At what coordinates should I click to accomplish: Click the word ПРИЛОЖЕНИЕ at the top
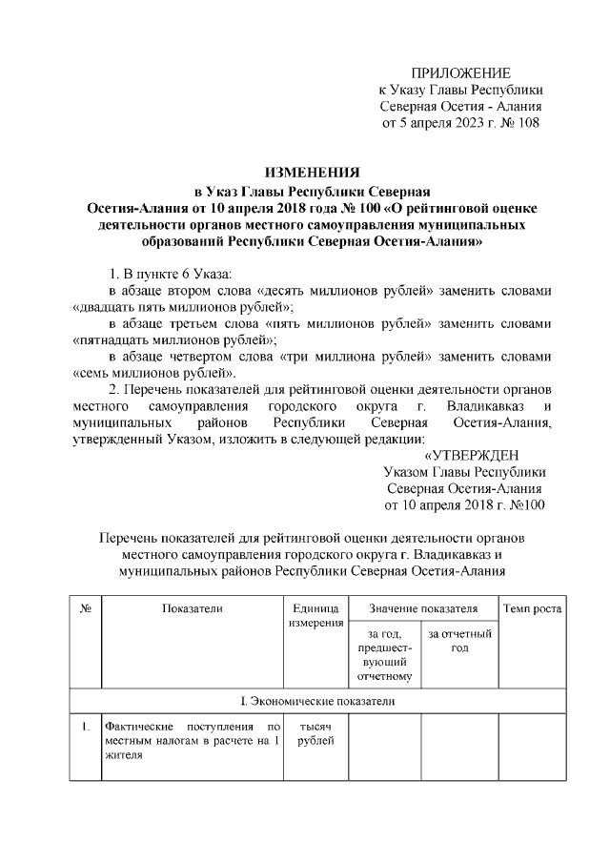tap(461, 73)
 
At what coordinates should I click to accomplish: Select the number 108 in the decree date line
tap(529, 123)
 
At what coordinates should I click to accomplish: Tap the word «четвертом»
tap(199, 356)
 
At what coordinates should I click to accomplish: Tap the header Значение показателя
tap(423, 608)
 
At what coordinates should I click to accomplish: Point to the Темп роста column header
tap(532, 608)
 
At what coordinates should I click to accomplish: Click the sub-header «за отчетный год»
tap(459, 641)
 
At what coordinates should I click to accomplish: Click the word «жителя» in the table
tap(124, 758)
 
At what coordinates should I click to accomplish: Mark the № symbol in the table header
tap(85, 608)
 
